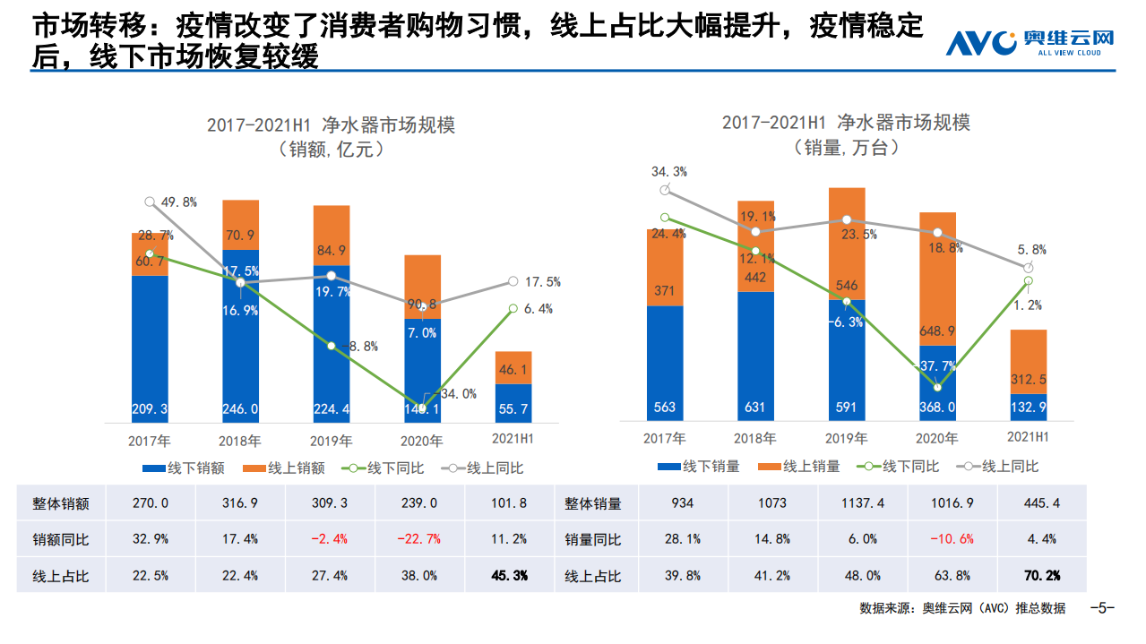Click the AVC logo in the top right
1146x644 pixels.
(1030, 42)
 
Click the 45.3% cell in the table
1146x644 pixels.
(509, 576)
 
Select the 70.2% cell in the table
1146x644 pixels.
(1041, 576)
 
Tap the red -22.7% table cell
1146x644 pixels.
(419, 539)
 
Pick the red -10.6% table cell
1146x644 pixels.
(952, 539)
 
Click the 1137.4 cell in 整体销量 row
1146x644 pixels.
(864, 503)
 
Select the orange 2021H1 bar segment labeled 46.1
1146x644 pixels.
(513, 368)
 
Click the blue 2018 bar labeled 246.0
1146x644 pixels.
(240, 358)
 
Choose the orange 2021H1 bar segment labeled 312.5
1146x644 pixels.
(1029, 362)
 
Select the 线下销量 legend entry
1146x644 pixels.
(698, 467)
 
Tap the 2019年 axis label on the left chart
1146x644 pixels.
(331, 441)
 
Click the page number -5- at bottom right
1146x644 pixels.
(1101, 608)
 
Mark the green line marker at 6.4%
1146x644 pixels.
(513, 308)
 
